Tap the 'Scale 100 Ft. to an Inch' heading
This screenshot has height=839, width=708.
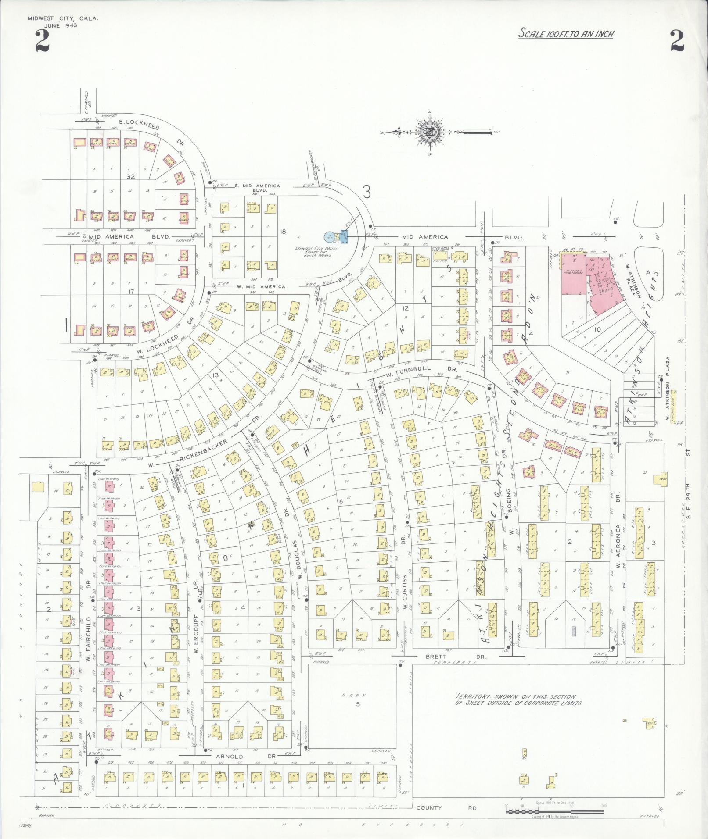pos(566,33)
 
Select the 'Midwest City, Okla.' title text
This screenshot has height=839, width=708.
pos(63,19)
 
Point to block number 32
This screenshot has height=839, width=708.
pos(130,177)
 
